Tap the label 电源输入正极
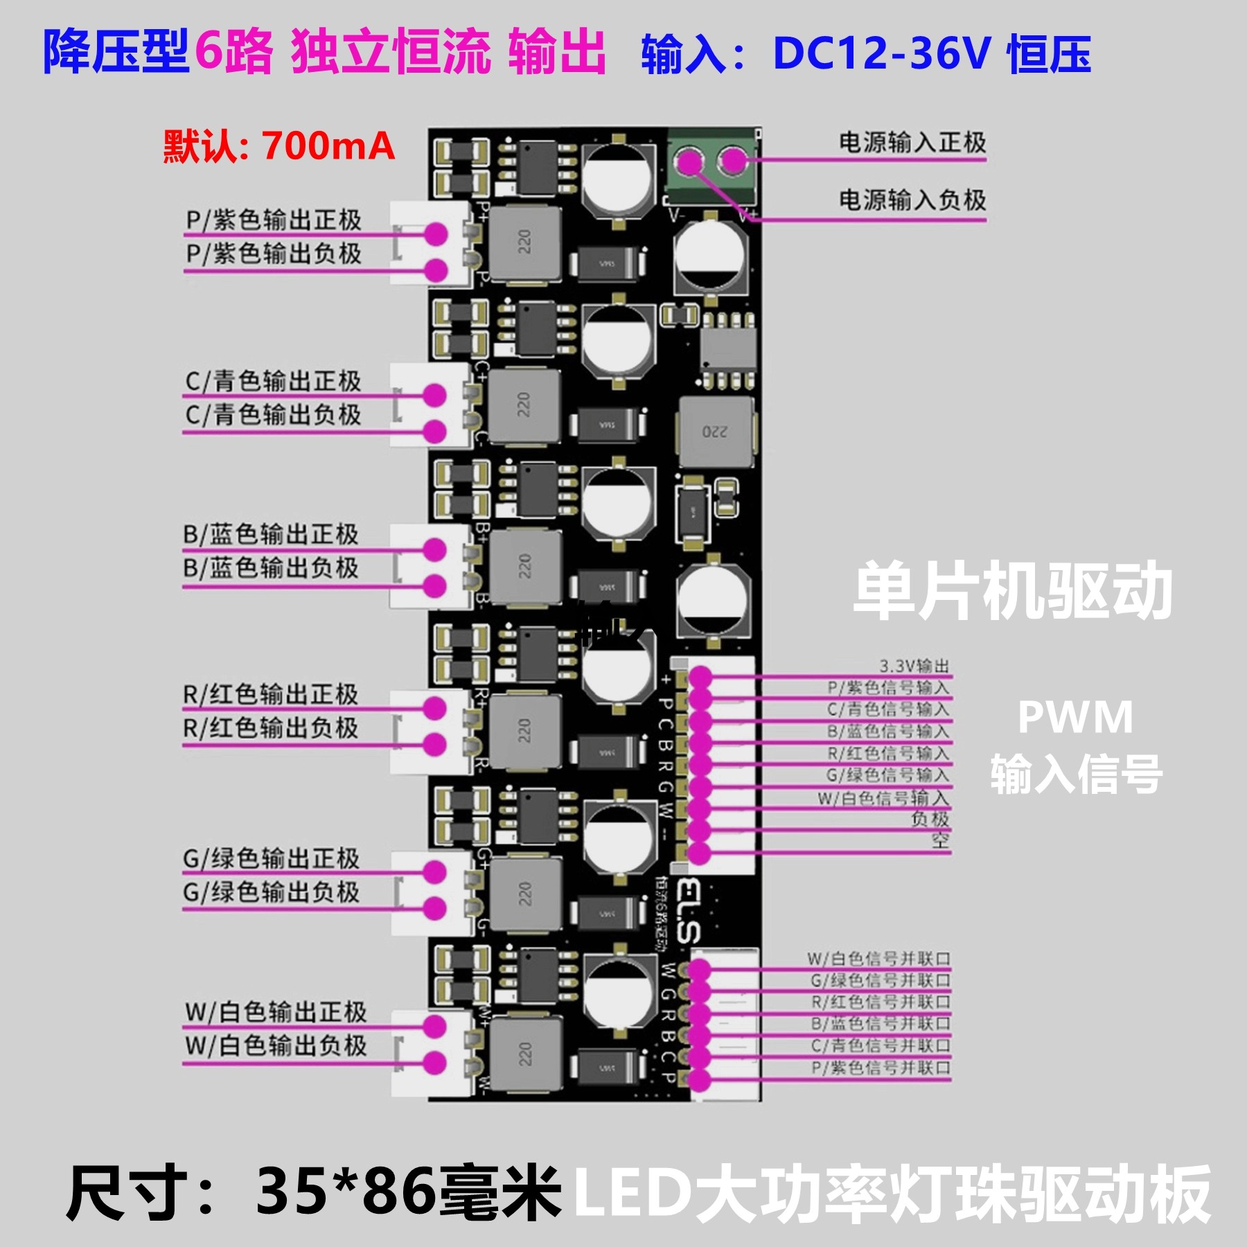912,143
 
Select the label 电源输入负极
912,200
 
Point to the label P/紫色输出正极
274,220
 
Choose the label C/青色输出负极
273,415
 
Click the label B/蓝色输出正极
271,534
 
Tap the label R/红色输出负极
271,728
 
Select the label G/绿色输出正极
271,859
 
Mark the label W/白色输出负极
275,1045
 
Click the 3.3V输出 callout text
914,666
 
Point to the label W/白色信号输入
883,798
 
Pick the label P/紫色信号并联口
881,1068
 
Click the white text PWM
1075,718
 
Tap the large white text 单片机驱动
1012,592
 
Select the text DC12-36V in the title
881,53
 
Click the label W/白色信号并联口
878,959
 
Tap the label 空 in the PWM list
939,841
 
